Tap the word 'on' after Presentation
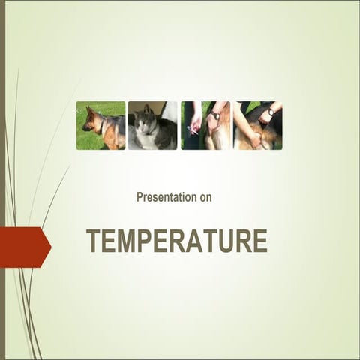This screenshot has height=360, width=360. (x=205, y=198)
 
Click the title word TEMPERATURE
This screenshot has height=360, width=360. (x=177, y=241)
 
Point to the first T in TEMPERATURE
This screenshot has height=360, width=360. (x=94, y=241)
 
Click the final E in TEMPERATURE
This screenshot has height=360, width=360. (x=260, y=241)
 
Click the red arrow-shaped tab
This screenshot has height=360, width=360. (x=24, y=247)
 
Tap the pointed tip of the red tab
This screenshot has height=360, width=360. (x=52, y=247)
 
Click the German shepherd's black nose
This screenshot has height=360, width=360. (x=83, y=128)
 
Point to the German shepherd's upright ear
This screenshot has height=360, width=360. (x=88, y=111)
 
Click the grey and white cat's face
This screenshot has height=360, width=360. (x=142, y=122)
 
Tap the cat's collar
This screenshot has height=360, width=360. (x=150, y=132)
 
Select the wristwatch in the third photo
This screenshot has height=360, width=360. (x=216, y=115)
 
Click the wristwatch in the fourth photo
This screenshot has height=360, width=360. (x=271, y=112)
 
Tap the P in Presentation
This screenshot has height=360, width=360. (x=139, y=197)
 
